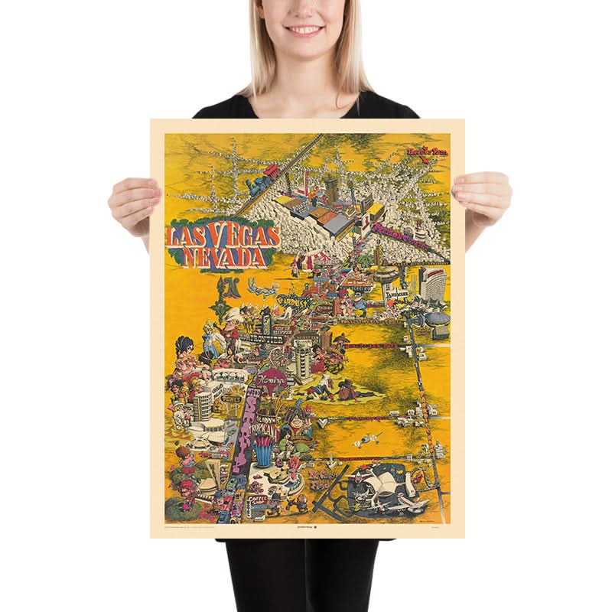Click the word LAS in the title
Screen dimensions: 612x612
tap(186, 235)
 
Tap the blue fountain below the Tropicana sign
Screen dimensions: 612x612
tap(264, 456)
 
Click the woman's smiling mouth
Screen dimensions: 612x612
tap(304, 30)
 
